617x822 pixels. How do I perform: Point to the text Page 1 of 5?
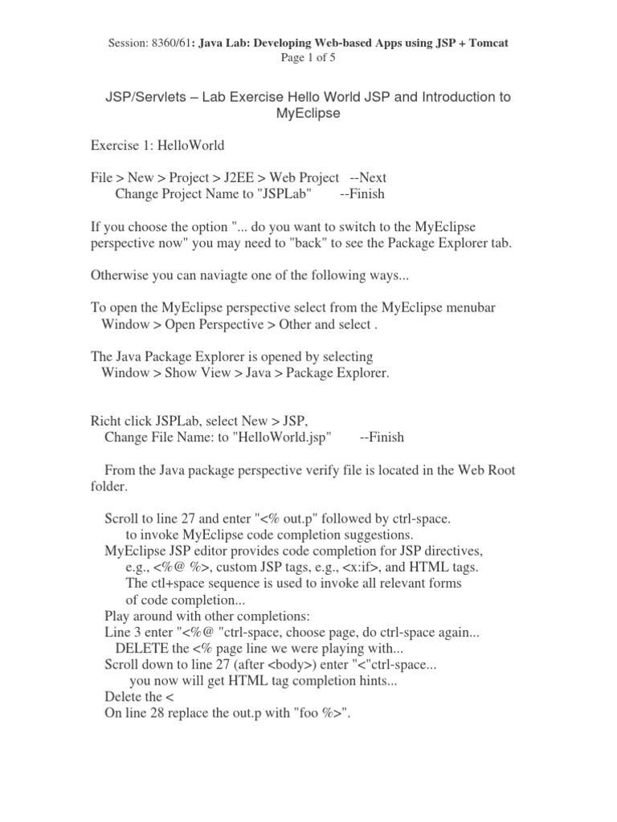(308, 58)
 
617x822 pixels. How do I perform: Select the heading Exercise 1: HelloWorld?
(157, 145)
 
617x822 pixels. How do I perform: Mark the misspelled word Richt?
(107, 421)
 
